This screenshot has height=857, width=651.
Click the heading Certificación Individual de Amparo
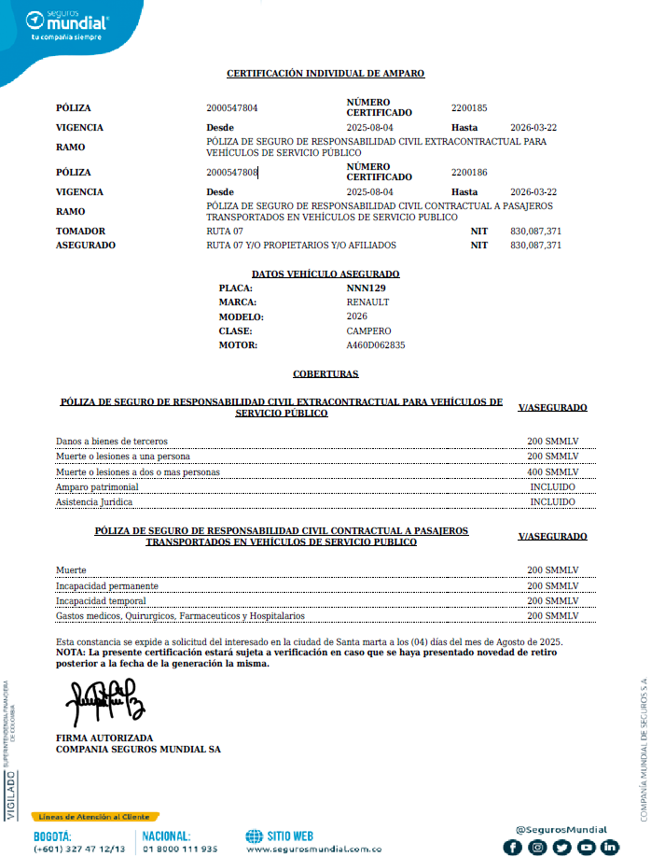coord(325,73)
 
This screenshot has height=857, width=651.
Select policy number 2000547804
coord(232,108)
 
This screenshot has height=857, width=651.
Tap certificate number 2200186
coord(469,173)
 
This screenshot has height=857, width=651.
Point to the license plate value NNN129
coord(366,288)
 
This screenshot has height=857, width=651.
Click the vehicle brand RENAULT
coord(367,302)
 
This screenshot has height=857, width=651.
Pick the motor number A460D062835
coord(376,344)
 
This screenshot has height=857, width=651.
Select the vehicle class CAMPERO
coord(368,330)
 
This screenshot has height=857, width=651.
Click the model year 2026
coord(356,316)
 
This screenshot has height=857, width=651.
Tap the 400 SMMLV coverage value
coord(553,472)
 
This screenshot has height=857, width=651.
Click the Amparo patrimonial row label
coord(97,487)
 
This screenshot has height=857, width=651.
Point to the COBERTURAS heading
coord(325,373)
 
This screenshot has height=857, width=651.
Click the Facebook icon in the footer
coord(513,847)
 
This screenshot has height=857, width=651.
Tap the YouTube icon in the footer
coord(586,847)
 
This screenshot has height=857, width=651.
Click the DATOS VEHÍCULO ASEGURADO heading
coord(325,274)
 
